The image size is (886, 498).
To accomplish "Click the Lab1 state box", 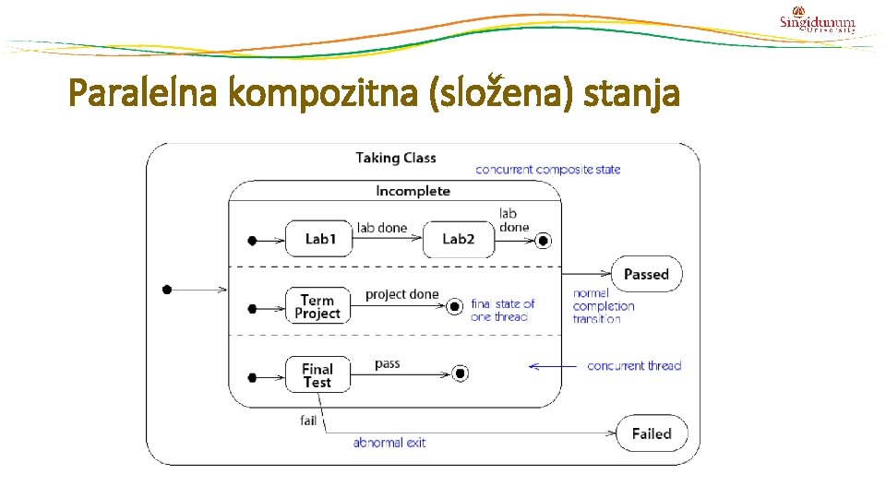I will [x=320, y=239].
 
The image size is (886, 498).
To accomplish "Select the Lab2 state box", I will [x=458, y=239].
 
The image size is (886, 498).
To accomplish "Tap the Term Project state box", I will [x=317, y=306].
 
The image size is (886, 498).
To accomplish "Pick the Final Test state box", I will [x=317, y=375].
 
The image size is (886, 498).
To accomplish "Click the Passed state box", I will [x=646, y=274].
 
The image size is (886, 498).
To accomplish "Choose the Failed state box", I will [x=652, y=433].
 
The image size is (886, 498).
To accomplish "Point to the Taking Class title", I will [x=396, y=158].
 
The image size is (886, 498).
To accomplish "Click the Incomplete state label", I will [x=413, y=191].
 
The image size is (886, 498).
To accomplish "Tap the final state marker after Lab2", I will [x=543, y=241].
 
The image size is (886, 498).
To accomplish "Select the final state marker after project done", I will [x=453, y=306].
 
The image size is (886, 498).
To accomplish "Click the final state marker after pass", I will [x=461, y=373].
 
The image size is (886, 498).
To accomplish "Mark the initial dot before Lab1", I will [x=252, y=241].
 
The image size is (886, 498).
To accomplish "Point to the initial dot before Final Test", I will [x=252, y=376].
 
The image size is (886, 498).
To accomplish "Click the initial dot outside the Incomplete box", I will [x=167, y=290].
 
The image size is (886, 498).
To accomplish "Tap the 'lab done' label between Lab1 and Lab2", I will [x=382, y=228].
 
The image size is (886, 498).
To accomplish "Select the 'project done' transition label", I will [x=402, y=294].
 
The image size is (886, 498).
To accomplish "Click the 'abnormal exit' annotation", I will [x=389, y=443].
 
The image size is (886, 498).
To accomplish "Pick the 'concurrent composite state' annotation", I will [x=547, y=170].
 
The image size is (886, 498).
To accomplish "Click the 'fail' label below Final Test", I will [x=308, y=421].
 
